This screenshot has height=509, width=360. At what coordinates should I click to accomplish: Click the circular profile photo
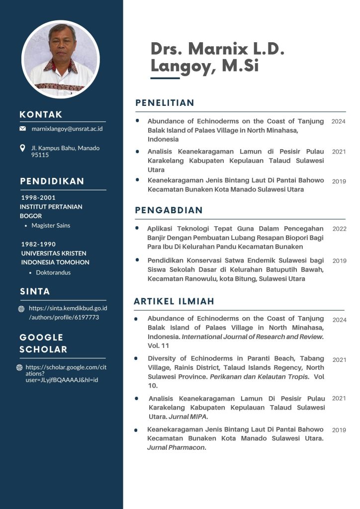61,59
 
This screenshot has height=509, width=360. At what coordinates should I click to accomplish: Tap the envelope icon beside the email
22,129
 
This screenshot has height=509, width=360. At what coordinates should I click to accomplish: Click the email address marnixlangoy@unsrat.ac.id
67,129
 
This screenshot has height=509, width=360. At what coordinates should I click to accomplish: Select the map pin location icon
22,148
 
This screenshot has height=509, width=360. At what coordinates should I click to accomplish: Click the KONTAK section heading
41,115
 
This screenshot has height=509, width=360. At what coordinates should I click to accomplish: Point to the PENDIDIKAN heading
52,181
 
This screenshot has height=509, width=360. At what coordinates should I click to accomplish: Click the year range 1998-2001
38,197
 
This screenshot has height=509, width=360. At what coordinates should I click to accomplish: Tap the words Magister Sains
51,225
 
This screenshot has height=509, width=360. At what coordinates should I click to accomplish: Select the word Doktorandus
53,272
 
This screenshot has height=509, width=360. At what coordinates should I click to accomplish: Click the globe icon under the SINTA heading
21,309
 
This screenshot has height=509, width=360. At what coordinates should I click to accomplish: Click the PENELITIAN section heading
165,103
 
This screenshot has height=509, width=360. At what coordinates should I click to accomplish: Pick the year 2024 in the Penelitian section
339,121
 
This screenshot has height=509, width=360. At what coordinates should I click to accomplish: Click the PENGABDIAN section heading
169,210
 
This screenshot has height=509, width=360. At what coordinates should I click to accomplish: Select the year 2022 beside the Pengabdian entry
339,229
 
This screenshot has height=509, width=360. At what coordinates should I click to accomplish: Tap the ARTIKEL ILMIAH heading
174,301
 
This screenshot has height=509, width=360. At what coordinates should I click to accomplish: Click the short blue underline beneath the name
165,78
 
